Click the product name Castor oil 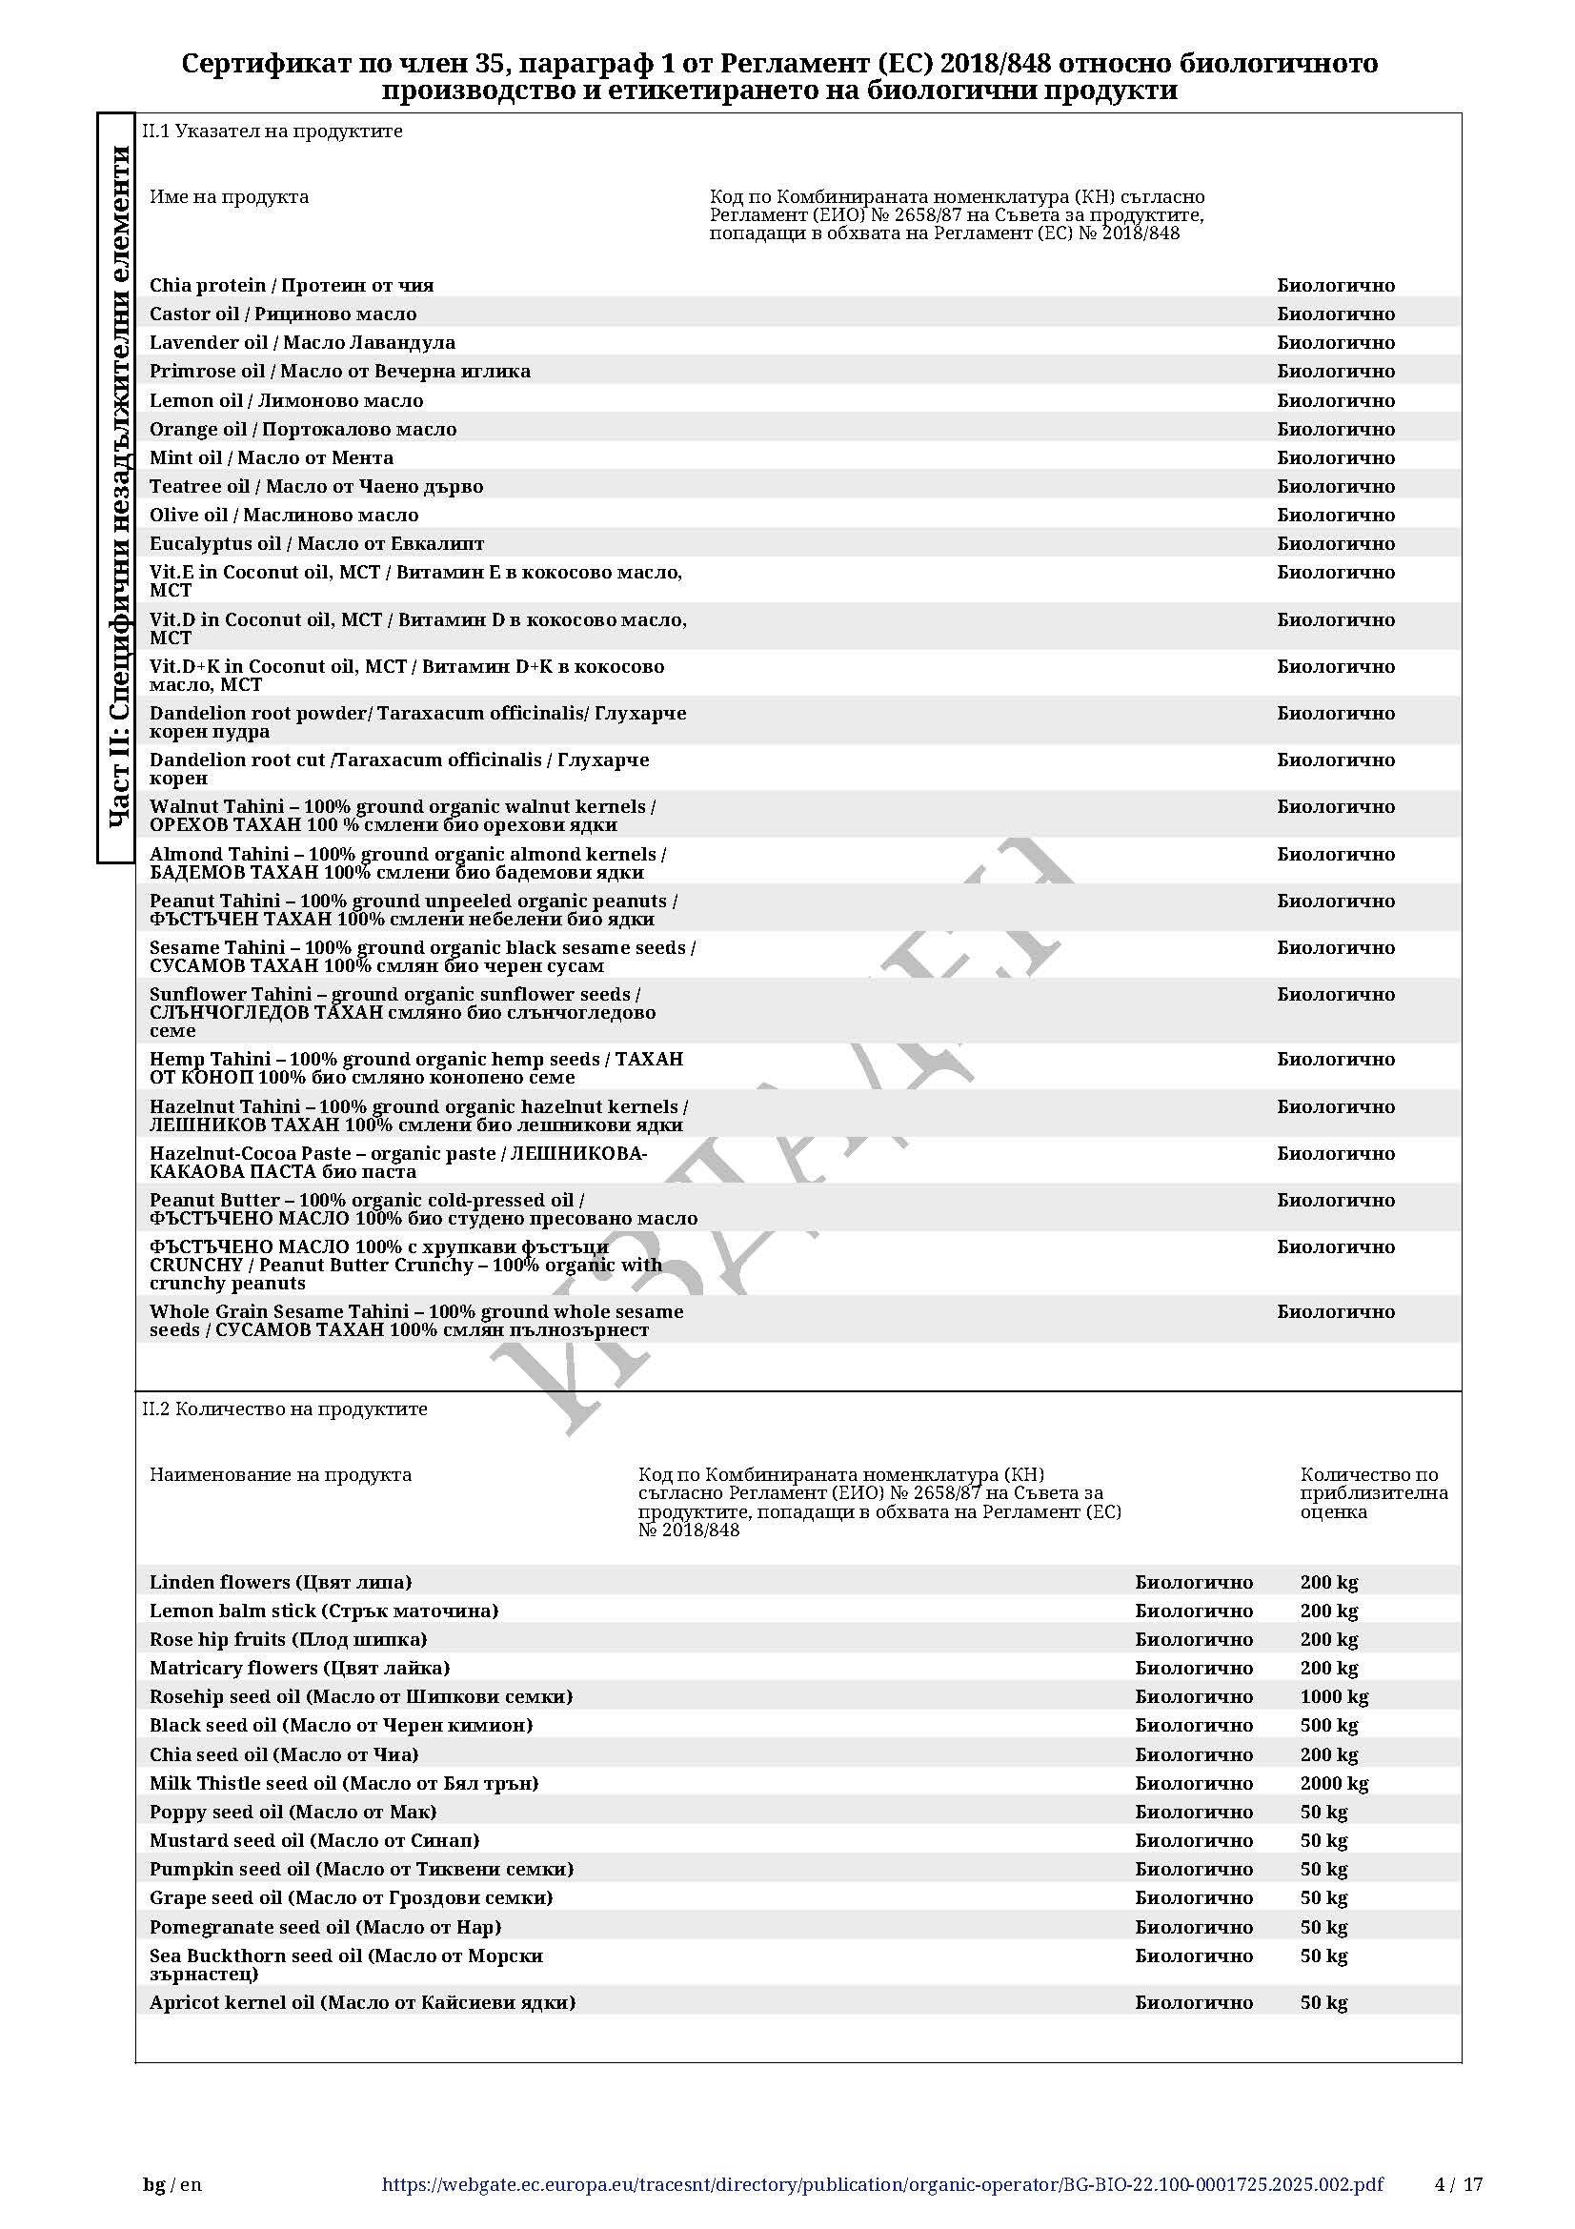tap(282, 314)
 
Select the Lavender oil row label tap(302, 343)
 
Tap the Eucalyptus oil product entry tap(316, 543)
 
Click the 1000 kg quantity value tap(1333, 1696)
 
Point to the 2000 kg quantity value tap(1333, 1782)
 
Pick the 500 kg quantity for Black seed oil tap(1328, 1725)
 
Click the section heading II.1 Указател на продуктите tap(272, 132)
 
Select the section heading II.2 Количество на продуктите tap(284, 1408)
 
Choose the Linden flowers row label tap(280, 1582)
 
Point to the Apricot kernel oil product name tap(362, 2002)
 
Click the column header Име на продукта tap(229, 197)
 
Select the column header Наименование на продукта tap(280, 1474)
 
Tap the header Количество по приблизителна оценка tap(1373, 1493)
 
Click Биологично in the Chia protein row tap(1335, 286)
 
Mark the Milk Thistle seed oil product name tap(344, 1782)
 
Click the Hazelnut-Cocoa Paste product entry tap(398, 1162)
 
